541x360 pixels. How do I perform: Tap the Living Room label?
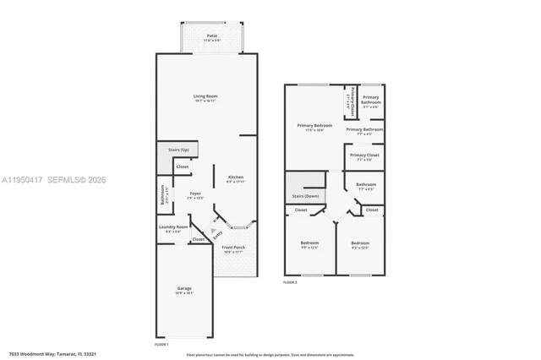pyautogui.click(x=205, y=98)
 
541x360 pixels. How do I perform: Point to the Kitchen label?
pyautogui.click(x=235, y=178)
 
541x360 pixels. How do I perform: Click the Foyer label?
pyautogui.click(x=194, y=195)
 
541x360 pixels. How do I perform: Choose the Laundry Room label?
pyautogui.click(x=172, y=228)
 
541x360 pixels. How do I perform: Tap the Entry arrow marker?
pyautogui.click(x=216, y=232)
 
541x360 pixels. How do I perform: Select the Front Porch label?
pyautogui.click(x=234, y=249)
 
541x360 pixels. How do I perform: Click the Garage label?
pyautogui.click(x=184, y=291)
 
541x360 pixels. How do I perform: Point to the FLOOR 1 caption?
pyautogui.click(x=162, y=345)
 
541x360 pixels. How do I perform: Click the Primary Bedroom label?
pyautogui.click(x=314, y=128)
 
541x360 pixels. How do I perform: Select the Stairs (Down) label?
pyautogui.click(x=304, y=195)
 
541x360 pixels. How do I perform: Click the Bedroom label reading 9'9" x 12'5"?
pyautogui.click(x=309, y=245)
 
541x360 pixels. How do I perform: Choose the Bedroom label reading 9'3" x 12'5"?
pyautogui.click(x=361, y=245)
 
